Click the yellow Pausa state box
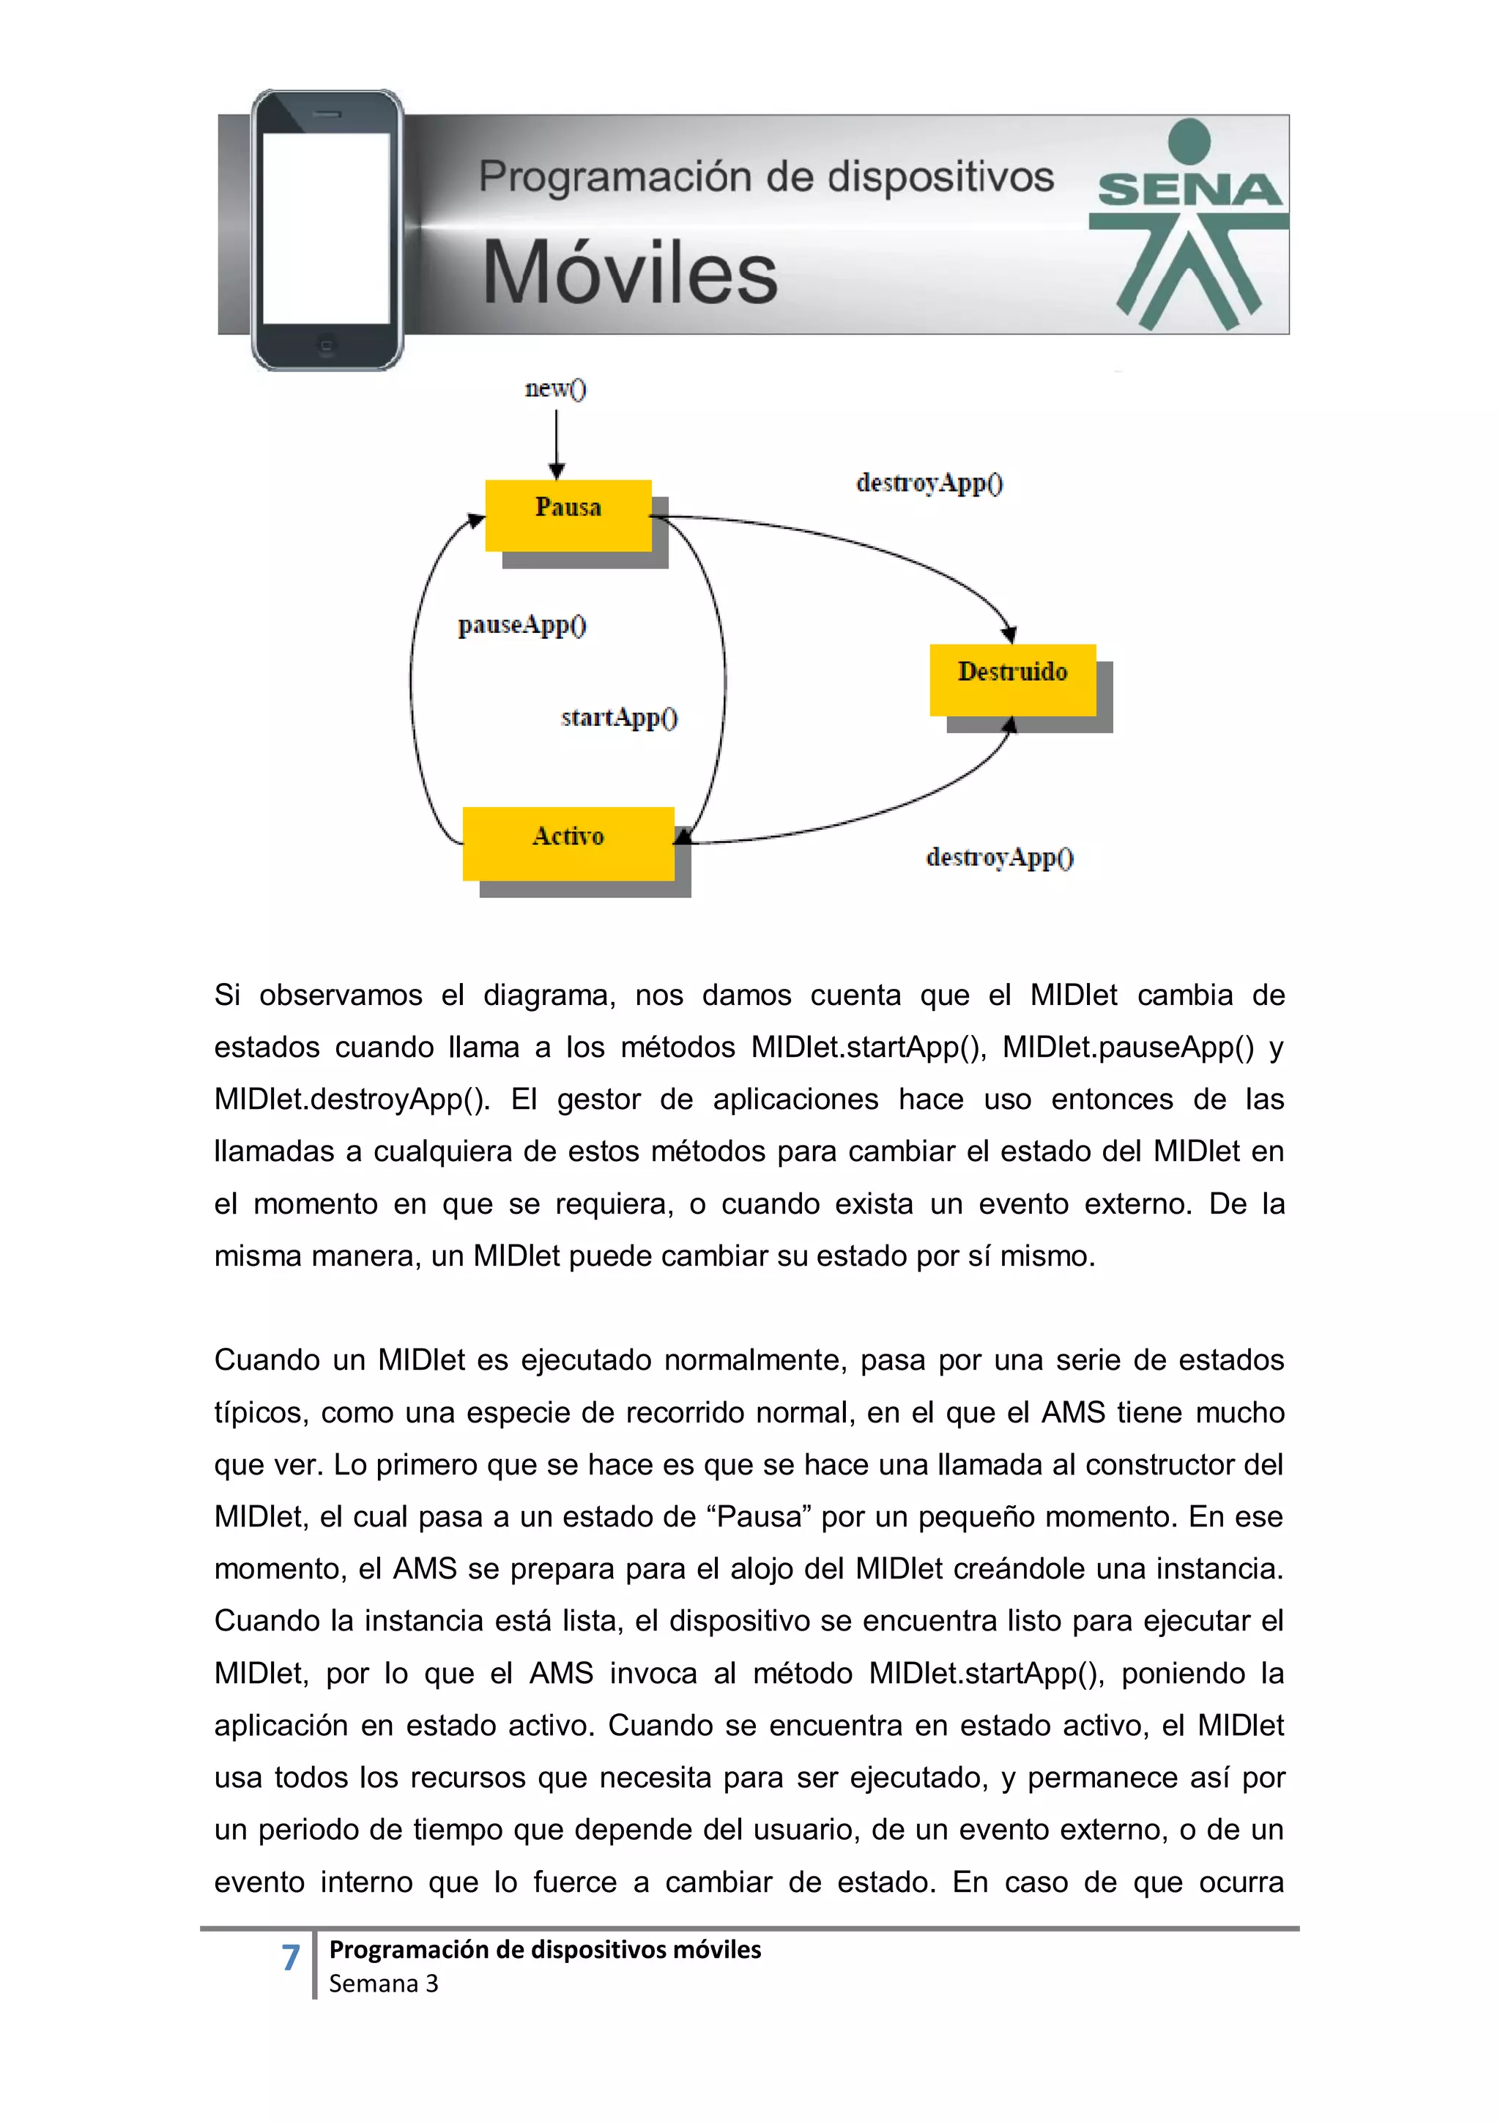(568, 515)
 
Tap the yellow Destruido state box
(1012, 678)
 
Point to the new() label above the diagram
(555, 388)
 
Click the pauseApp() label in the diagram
(522, 626)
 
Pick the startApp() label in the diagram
(619, 718)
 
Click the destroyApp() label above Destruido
(929, 483)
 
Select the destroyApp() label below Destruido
(999, 858)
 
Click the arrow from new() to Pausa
(557, 444)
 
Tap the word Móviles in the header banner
(631, 273)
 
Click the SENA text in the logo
(1189, 190)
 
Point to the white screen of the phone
(325, 229)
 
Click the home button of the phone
(326, 346)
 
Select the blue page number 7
(290, 1956)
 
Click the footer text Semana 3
(384, 1984)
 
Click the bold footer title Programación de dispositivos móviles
(545, 1949)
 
